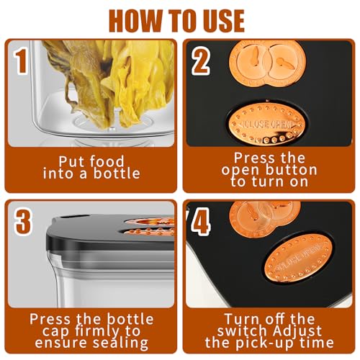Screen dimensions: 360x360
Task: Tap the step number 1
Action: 22,62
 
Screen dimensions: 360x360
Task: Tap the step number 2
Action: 201,61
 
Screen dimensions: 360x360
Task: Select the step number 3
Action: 23,222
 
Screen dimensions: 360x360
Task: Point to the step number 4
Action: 201,222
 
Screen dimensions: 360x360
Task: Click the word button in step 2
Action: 292,170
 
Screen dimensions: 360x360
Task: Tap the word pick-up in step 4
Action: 266,343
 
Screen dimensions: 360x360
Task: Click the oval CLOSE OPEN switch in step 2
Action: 268,125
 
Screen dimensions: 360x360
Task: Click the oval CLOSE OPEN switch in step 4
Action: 298,258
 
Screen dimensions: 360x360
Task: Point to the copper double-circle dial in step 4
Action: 264,218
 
